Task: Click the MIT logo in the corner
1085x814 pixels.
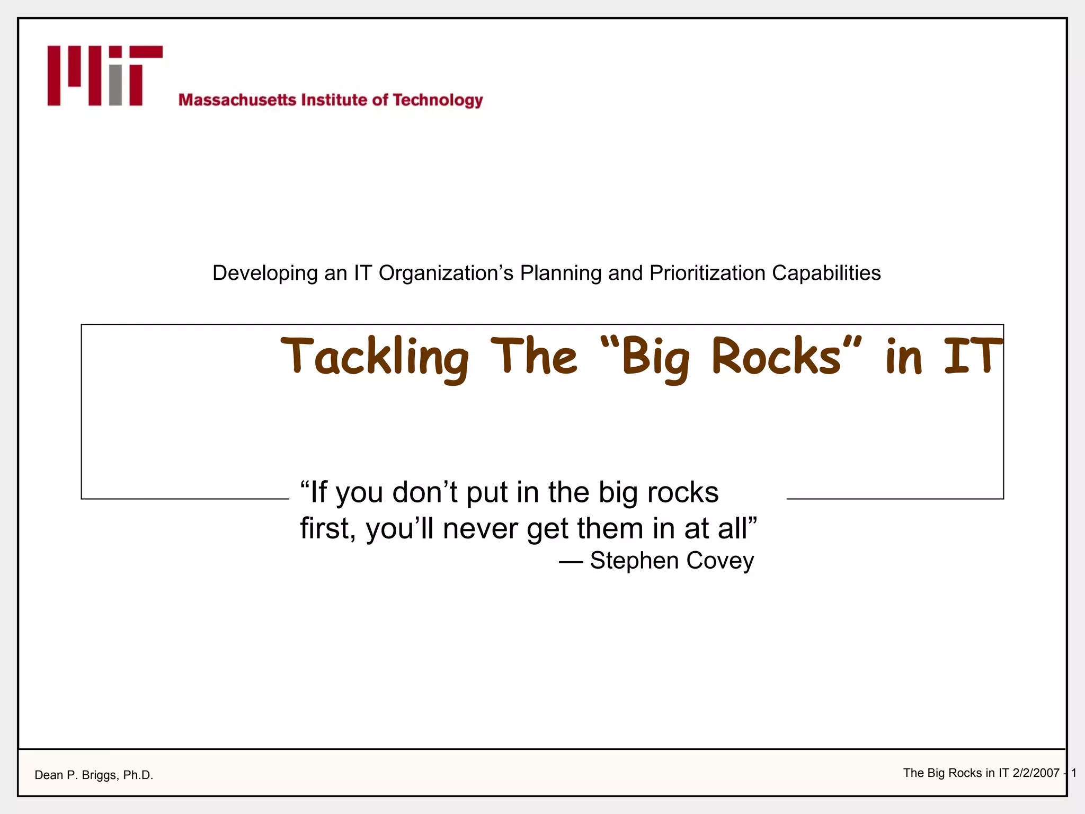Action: pyautogui.click(x=105, y=76)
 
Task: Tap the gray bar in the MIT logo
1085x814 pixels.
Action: pyautogui.click(x=115, y=86)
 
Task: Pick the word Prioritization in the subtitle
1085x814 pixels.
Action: pyautogui.click(x=708, y=273)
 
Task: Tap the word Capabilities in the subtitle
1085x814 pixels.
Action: pyautogui.click(x=826, y=273)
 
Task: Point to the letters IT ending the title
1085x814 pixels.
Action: pyautogui.click(x=973, y=356)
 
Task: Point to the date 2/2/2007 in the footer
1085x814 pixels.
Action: pyautogui.click(x=1036, y=773)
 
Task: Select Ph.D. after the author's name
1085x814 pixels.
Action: pyautogui.click(x=138, y=775)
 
